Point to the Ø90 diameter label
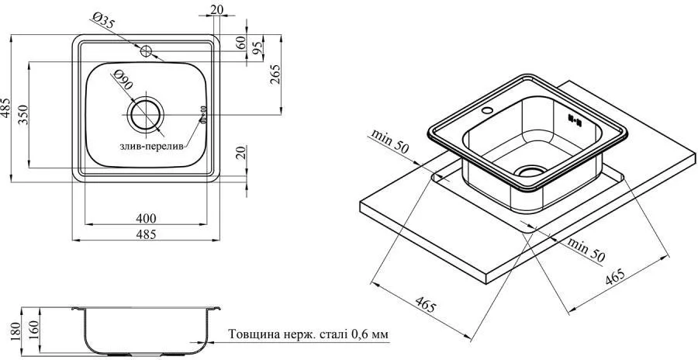pyautogui.click(x=123, y=80)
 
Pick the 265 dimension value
pyautogui.click(x=275, y=74)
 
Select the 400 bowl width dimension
pyautogui.click(x=146, y=218)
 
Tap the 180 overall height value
pyautogui.click(x=16, y=331)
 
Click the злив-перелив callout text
pyautogui.click(x=151, y=147)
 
